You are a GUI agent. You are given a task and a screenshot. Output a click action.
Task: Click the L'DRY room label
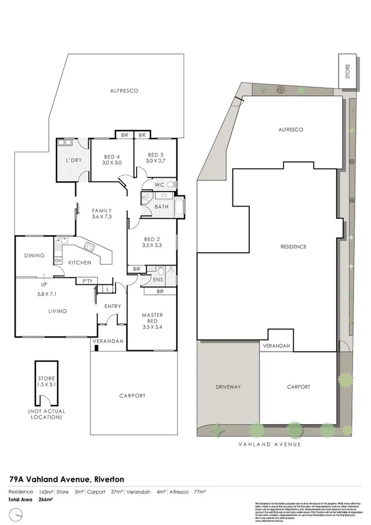point(72,160)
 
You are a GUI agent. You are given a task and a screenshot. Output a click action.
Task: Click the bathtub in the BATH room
point(178,207)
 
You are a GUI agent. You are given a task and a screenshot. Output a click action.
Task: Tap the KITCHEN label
point(81,263)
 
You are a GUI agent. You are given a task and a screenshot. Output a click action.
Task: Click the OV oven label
point(58,260)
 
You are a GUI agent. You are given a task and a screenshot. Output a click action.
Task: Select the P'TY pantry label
point(88,281)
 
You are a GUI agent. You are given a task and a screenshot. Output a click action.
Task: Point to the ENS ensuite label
point(158,280)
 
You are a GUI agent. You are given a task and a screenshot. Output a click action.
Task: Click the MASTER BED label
point(152,318)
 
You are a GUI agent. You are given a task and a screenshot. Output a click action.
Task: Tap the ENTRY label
point(112,306)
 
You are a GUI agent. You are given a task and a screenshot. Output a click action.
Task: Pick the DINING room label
point(34,255)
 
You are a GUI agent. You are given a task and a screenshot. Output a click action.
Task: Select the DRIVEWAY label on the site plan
point(228,386)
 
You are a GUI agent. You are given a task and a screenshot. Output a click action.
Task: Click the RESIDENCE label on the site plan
point(293,247)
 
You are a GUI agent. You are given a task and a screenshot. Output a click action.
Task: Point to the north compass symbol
point(19,514)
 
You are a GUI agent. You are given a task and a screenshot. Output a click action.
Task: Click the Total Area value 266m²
point(45,499)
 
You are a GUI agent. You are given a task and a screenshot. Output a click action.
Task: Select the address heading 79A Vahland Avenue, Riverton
point(67,479)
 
